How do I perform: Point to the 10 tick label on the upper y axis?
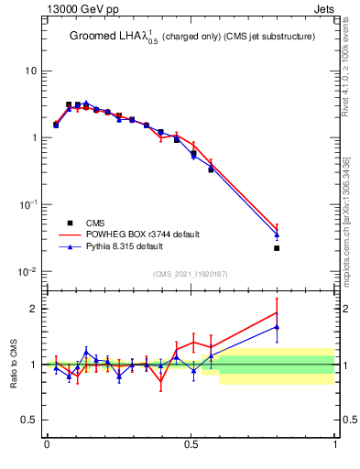(31, 71)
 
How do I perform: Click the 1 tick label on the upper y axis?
(34, 138)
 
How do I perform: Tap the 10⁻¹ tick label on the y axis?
(29, 204)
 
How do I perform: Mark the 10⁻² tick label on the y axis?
(29, 271)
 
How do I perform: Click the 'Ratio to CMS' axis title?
(16, 364)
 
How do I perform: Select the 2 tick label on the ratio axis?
(34, 309)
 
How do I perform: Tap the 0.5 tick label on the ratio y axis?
(30, 420)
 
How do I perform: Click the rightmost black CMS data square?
(277, 247)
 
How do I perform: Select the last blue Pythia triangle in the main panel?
(277, 234)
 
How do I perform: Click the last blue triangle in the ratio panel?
(277, 327)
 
